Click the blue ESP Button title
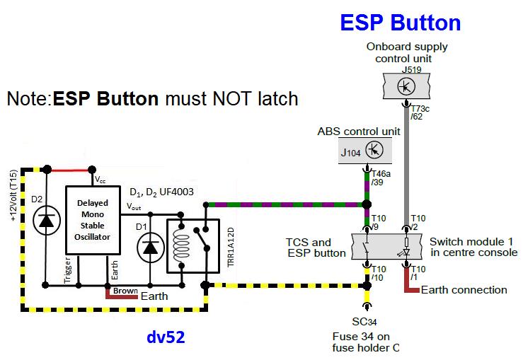pyautogui.click(x=401, y=22)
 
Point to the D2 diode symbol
pyautogui.click(x=47, y=221)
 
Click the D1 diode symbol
pyautogui.click(x=150, y=245)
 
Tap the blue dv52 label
pyautogui.click(x=166, y=337)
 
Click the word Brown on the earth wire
pyautogui.click(x=124, y=291)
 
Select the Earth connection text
pyautogui.click(x=464, y=289)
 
